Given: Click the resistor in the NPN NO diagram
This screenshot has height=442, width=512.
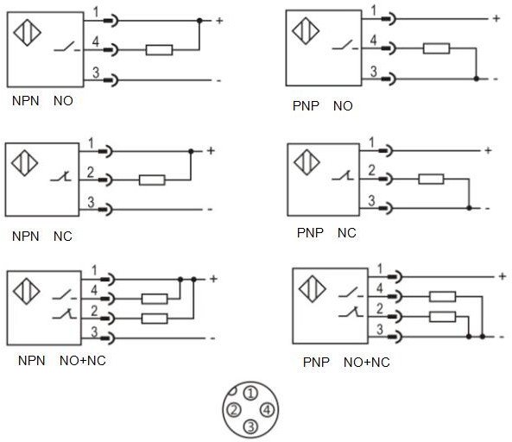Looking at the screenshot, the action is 159,50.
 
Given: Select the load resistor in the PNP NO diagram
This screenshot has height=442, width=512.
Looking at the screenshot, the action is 436,48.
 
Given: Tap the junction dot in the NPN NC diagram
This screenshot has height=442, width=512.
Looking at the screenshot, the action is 191,151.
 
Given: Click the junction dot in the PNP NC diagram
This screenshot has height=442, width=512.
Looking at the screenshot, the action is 469,208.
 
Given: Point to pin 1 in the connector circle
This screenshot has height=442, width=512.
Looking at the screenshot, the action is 250,394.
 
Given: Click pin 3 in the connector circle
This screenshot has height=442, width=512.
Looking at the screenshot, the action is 250,426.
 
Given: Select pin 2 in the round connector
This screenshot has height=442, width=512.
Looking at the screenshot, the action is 234,410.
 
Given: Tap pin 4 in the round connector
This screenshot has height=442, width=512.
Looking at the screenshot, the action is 267,410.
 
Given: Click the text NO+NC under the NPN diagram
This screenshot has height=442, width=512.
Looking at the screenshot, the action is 83,361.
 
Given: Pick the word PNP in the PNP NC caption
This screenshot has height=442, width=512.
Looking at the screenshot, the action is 310,233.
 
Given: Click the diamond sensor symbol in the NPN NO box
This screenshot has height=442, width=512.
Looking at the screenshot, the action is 27,32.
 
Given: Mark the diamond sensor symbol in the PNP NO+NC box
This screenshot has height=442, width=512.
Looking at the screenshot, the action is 313,289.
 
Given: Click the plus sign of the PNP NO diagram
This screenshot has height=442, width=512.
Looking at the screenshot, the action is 496,19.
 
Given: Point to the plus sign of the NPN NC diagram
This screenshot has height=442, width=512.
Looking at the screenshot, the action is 211,151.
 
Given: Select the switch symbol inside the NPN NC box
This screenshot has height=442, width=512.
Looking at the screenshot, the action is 60,177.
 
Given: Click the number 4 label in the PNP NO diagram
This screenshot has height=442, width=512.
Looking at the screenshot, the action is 373,40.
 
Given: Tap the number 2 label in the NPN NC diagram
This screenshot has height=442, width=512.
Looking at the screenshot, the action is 91,172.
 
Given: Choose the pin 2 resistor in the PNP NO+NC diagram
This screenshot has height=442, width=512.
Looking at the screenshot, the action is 442,317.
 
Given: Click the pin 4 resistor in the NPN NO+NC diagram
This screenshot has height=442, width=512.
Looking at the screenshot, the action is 155,299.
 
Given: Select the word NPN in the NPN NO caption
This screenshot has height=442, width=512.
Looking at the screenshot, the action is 25,100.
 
